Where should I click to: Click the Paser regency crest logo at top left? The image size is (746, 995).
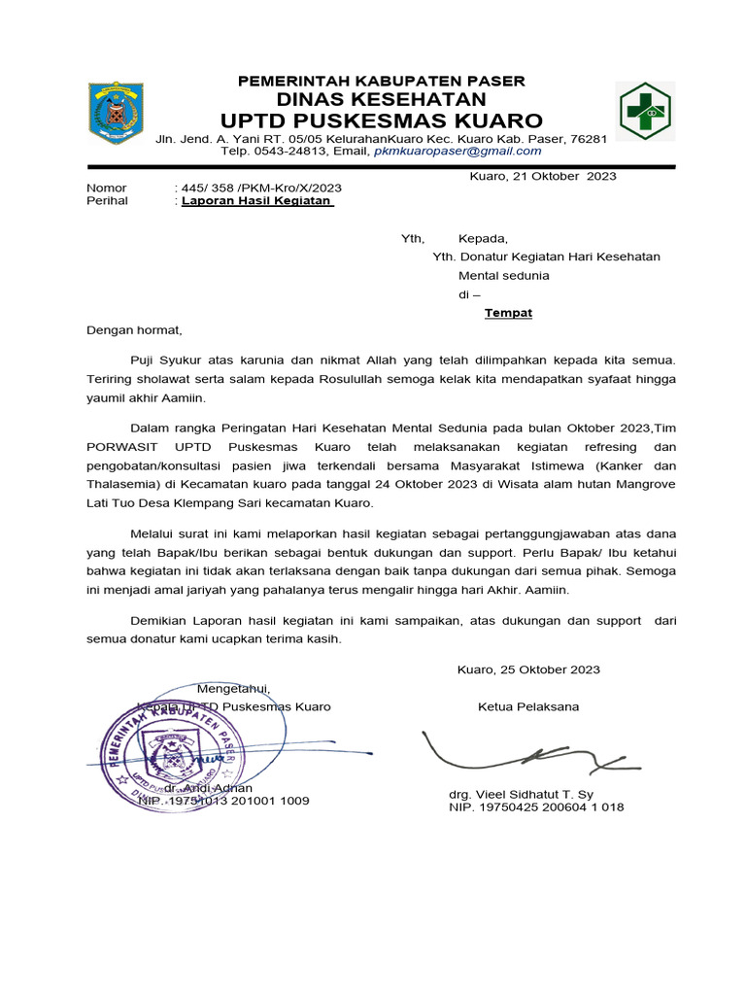coord(116,113)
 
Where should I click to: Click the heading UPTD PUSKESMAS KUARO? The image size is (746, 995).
coord(382,120)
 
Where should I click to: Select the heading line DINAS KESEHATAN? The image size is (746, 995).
coord(382,100)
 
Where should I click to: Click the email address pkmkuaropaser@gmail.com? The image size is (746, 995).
coord(458,151)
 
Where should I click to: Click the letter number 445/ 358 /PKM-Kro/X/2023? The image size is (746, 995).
coord(260,188)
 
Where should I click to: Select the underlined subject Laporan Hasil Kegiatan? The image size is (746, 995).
coord(257,201)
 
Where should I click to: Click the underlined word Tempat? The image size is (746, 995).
coord(508,313)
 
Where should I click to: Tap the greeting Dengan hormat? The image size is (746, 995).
coord(134,330)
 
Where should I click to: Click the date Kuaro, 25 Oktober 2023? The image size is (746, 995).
coord(528,669)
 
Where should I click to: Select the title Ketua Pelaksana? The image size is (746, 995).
coord(528,706)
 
